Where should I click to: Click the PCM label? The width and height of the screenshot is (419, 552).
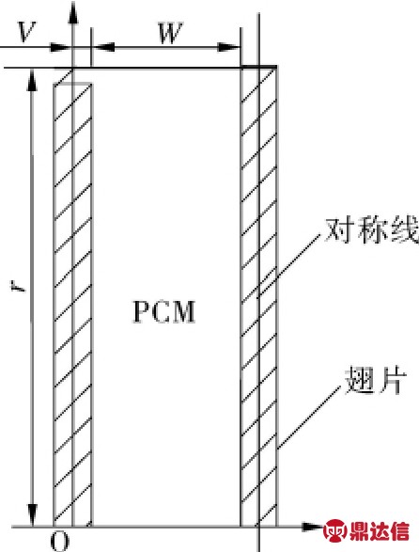[x=164, y=311]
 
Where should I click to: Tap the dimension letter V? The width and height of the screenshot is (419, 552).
[x=26, y=32]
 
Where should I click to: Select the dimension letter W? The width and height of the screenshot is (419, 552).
[x=171, y=33]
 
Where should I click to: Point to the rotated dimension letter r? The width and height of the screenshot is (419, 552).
[x=23, y=287]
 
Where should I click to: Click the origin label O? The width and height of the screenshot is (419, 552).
[x=60, y=541]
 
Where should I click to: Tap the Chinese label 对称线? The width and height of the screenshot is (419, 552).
[x=371, y=231]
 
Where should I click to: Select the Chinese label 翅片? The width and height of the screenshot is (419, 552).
[x=375, y=381]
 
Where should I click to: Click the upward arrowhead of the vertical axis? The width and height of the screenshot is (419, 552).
[x=73, y=12]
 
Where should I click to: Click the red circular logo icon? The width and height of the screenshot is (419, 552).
[x=334, y=530]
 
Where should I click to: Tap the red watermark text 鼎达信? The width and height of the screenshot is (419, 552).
[x=380, y=531]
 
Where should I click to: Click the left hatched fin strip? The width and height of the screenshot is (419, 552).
[x=72, y=305]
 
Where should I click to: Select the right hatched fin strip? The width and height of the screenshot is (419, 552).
[x=259, y=296]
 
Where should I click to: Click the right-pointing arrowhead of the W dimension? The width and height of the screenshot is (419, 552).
[x=228, y=47]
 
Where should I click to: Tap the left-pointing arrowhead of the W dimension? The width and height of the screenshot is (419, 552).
[x=102, y=47]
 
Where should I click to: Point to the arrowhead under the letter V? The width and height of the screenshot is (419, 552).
[x=60, y=47]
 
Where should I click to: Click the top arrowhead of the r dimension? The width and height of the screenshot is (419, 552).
[x=32, y=80]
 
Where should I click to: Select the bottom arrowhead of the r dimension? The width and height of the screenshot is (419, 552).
[x=32, y=515]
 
